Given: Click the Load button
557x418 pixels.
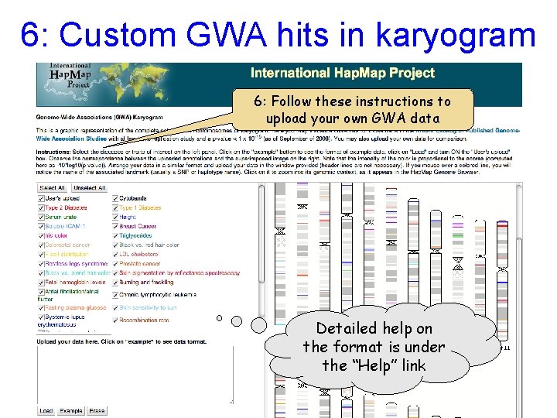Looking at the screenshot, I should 46,410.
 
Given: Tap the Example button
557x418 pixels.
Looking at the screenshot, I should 71,410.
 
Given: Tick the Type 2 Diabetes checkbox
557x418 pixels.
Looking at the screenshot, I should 41,207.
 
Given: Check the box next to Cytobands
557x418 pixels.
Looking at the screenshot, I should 115,198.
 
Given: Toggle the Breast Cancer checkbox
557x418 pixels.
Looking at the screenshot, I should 115,226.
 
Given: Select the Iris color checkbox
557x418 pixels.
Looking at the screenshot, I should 41,235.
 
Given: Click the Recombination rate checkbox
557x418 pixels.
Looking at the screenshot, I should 115,319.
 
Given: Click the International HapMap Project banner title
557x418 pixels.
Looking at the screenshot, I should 342,74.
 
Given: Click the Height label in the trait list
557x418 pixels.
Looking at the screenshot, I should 129,217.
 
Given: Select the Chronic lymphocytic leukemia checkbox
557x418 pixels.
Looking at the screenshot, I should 115,295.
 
